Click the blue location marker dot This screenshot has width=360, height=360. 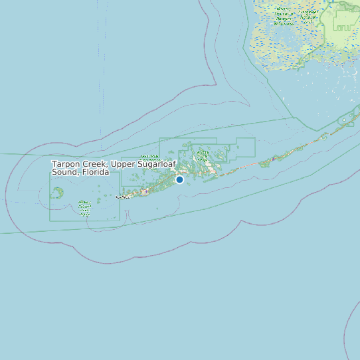click(x=179, y=179)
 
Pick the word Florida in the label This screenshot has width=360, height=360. click(x=95, y=172)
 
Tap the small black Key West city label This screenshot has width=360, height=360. click(x=123, y=197)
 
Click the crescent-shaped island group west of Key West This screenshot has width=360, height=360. click(x=58, y=193)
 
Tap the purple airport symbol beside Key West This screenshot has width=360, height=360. click(x=145, y=192)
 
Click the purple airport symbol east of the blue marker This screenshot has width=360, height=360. click(x=273, y=159)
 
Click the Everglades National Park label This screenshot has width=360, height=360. click(x=308, y=14)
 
